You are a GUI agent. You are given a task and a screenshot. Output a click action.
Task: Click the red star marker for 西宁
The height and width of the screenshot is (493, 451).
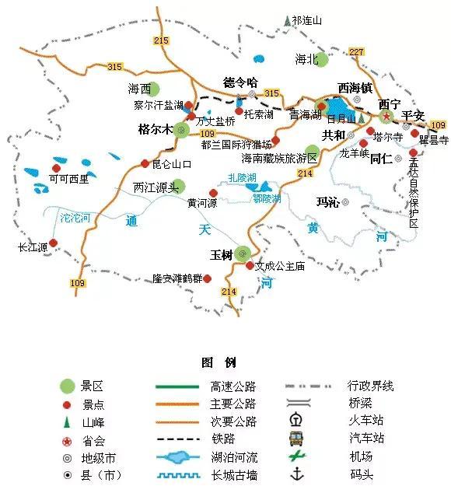click(x=386, y=115)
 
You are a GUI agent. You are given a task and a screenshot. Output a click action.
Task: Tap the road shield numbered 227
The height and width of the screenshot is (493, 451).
click(x=357, y=52)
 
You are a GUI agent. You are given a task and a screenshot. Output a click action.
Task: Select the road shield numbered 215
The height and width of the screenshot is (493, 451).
click(x=161, y=40)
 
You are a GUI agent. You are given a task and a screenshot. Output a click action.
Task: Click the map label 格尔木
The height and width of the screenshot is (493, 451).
click(x=155, y=129)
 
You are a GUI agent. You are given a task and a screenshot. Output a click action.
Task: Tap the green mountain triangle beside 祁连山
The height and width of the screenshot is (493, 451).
click(x=287, y=20)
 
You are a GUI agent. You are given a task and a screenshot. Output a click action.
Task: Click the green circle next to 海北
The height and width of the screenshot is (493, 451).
click(x=321, y=58)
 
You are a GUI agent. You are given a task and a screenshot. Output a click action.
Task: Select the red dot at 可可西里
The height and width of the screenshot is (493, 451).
click(x=56, y=167)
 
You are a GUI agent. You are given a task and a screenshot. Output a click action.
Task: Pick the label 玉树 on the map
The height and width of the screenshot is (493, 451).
click(x=222, y=254)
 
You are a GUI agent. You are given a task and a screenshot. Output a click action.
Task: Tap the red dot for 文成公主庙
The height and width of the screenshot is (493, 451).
click(x=249, y=266)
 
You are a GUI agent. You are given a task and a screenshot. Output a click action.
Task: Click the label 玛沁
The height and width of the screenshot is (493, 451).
click(x=327, y=202)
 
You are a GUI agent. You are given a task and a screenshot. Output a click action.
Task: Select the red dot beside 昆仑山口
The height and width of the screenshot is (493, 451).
click(x=145, y=163)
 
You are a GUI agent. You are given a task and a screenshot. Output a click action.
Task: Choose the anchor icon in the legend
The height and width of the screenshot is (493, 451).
click(x=296, y=474)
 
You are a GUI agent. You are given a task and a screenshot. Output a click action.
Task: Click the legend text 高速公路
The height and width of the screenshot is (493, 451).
click(x=232, y=386)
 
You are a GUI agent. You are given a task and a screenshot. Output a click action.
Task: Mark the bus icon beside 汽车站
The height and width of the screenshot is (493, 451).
click(x=296, y=438)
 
